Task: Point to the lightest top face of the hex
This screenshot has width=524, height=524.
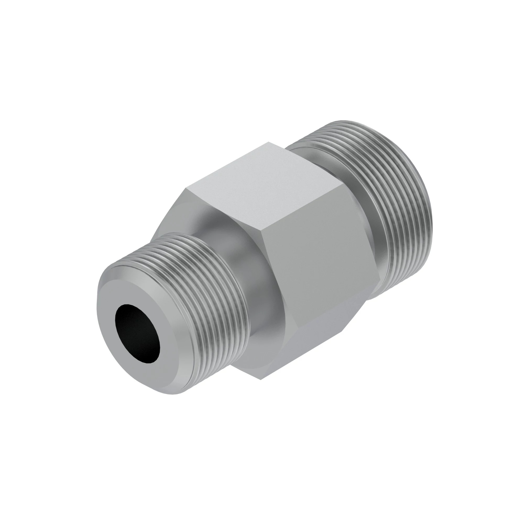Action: (260, 187)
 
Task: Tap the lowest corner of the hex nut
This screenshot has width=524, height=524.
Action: (260, 379)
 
